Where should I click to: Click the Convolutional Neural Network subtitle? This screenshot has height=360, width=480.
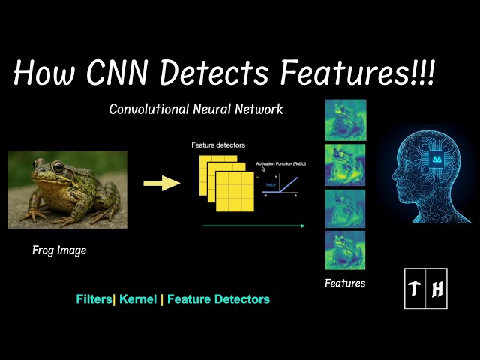coord(196,109)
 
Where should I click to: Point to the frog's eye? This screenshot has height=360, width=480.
coord(56,168)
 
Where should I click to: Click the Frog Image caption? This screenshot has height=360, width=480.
coord(59,250)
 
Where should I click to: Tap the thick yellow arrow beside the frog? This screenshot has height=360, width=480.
coord(161,183)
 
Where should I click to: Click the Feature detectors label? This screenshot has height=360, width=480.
coord(217,145)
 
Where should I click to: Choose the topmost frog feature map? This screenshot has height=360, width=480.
coord(345,119)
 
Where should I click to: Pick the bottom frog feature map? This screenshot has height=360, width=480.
coord(345,250)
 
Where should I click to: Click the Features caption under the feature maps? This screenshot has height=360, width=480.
coord(345,283)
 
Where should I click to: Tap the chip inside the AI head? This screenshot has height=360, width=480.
coord(435,158)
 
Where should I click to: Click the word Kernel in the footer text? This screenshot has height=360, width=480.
coord(137,299)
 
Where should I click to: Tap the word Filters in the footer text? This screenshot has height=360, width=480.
coord(94,299)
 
